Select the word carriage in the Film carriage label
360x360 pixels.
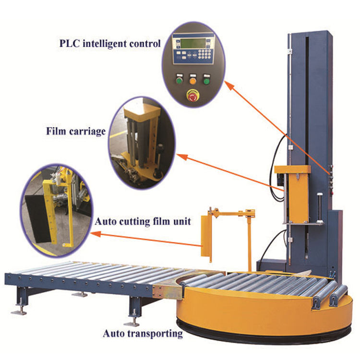click(x=86, y=131)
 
